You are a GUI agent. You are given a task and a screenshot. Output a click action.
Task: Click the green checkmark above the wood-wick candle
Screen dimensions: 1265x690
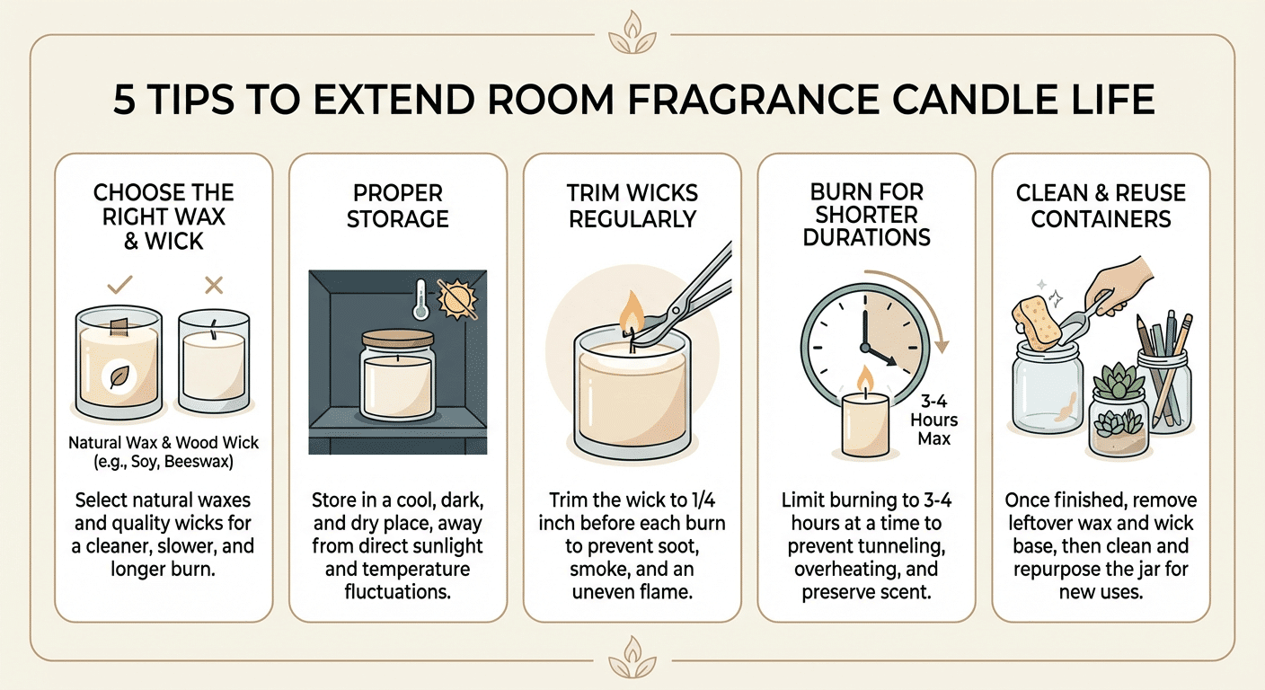click(119, 285)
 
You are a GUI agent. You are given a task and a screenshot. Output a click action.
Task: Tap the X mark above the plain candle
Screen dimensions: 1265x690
click(214, 285)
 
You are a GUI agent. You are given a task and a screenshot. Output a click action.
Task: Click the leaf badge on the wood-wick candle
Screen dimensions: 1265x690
click(119, 376)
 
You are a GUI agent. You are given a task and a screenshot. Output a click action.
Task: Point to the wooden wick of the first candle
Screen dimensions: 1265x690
click(119, 326)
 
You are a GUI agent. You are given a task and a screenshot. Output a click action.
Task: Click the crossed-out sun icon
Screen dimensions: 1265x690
click(457, 299)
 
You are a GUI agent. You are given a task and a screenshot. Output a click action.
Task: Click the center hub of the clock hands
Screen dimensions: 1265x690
click(864, 347)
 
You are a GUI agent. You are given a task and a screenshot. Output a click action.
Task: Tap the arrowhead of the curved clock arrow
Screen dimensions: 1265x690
click(941, 346)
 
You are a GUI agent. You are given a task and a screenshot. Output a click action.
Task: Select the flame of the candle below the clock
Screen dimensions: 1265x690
click(864, 378)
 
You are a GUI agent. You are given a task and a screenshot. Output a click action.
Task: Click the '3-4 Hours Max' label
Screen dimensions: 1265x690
click(934, 420)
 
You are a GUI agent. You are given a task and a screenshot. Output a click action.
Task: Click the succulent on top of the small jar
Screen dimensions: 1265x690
click(1118, 381)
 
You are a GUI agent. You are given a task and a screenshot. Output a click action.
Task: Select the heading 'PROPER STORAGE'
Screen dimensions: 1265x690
click(398, 206)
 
